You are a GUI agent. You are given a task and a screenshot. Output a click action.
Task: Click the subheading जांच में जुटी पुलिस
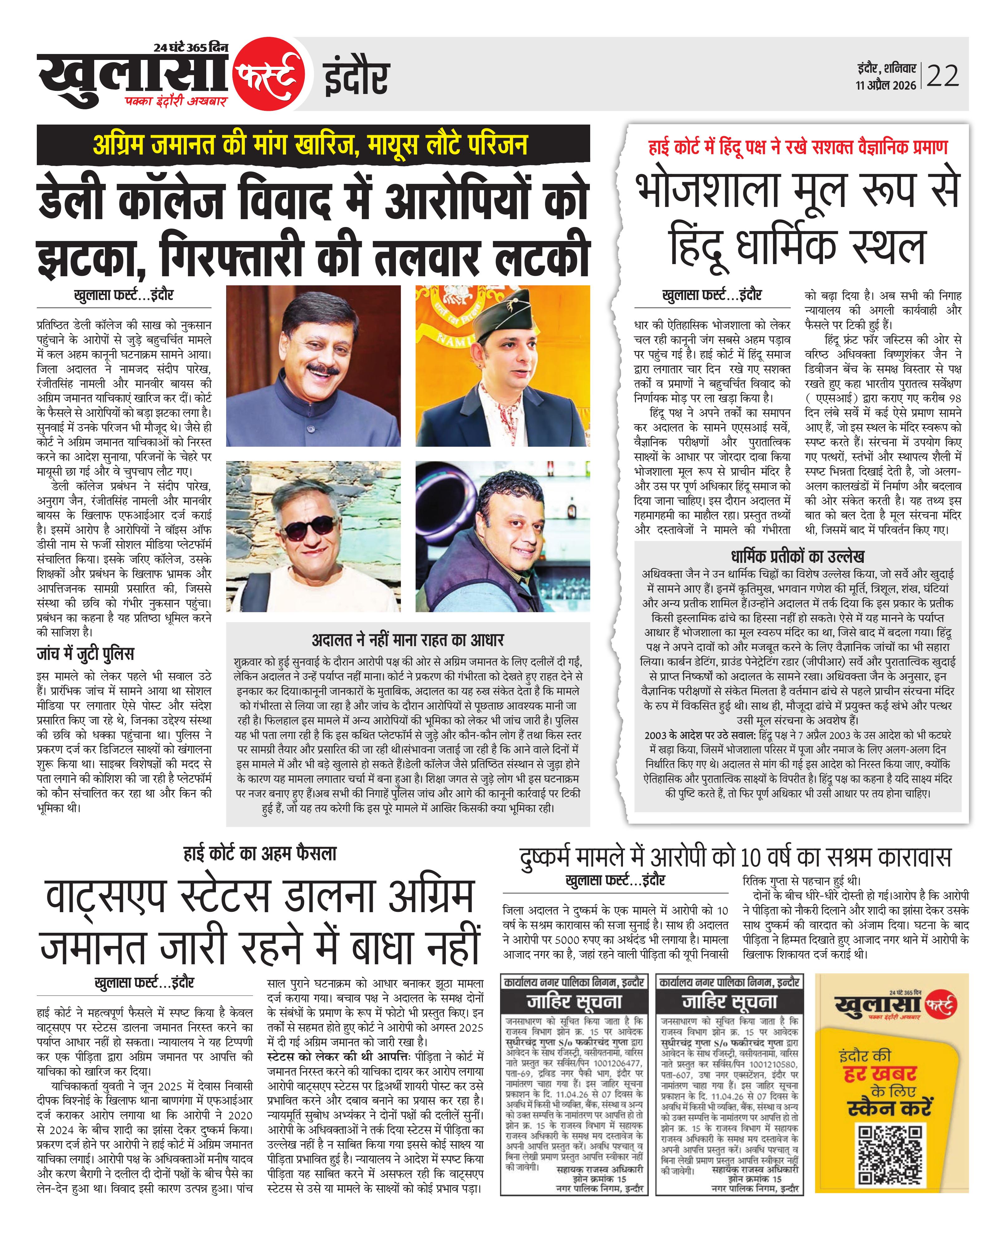(85, 654)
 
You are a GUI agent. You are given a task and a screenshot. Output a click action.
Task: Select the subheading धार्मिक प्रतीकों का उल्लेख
(797, 557)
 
